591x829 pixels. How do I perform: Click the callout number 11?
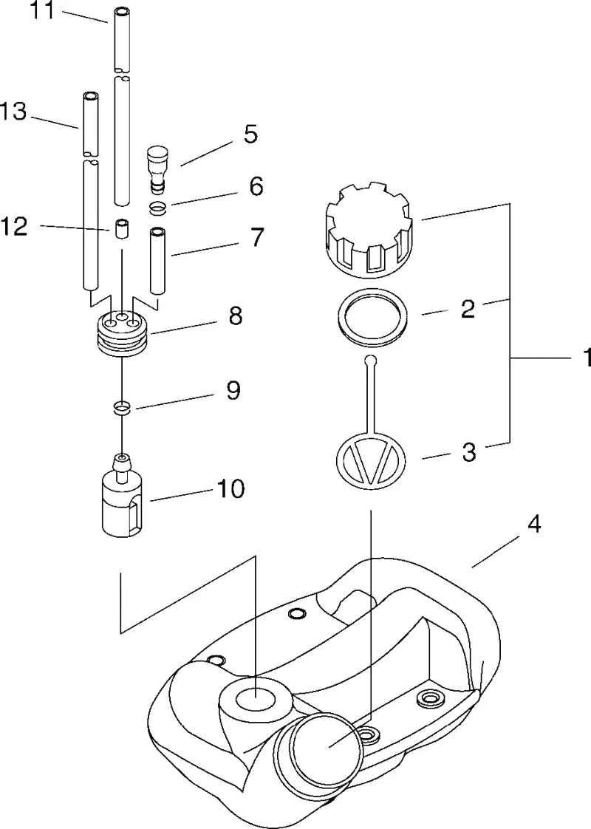(x=41, y=10)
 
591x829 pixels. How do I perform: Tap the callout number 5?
(x=250, y=134)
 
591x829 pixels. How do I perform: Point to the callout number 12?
(x=14, y=227)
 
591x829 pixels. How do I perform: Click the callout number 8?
(x=235, y=315)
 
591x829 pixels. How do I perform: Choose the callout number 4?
(x=534, y=525)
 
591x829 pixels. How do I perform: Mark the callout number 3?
(x=469, y=453)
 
